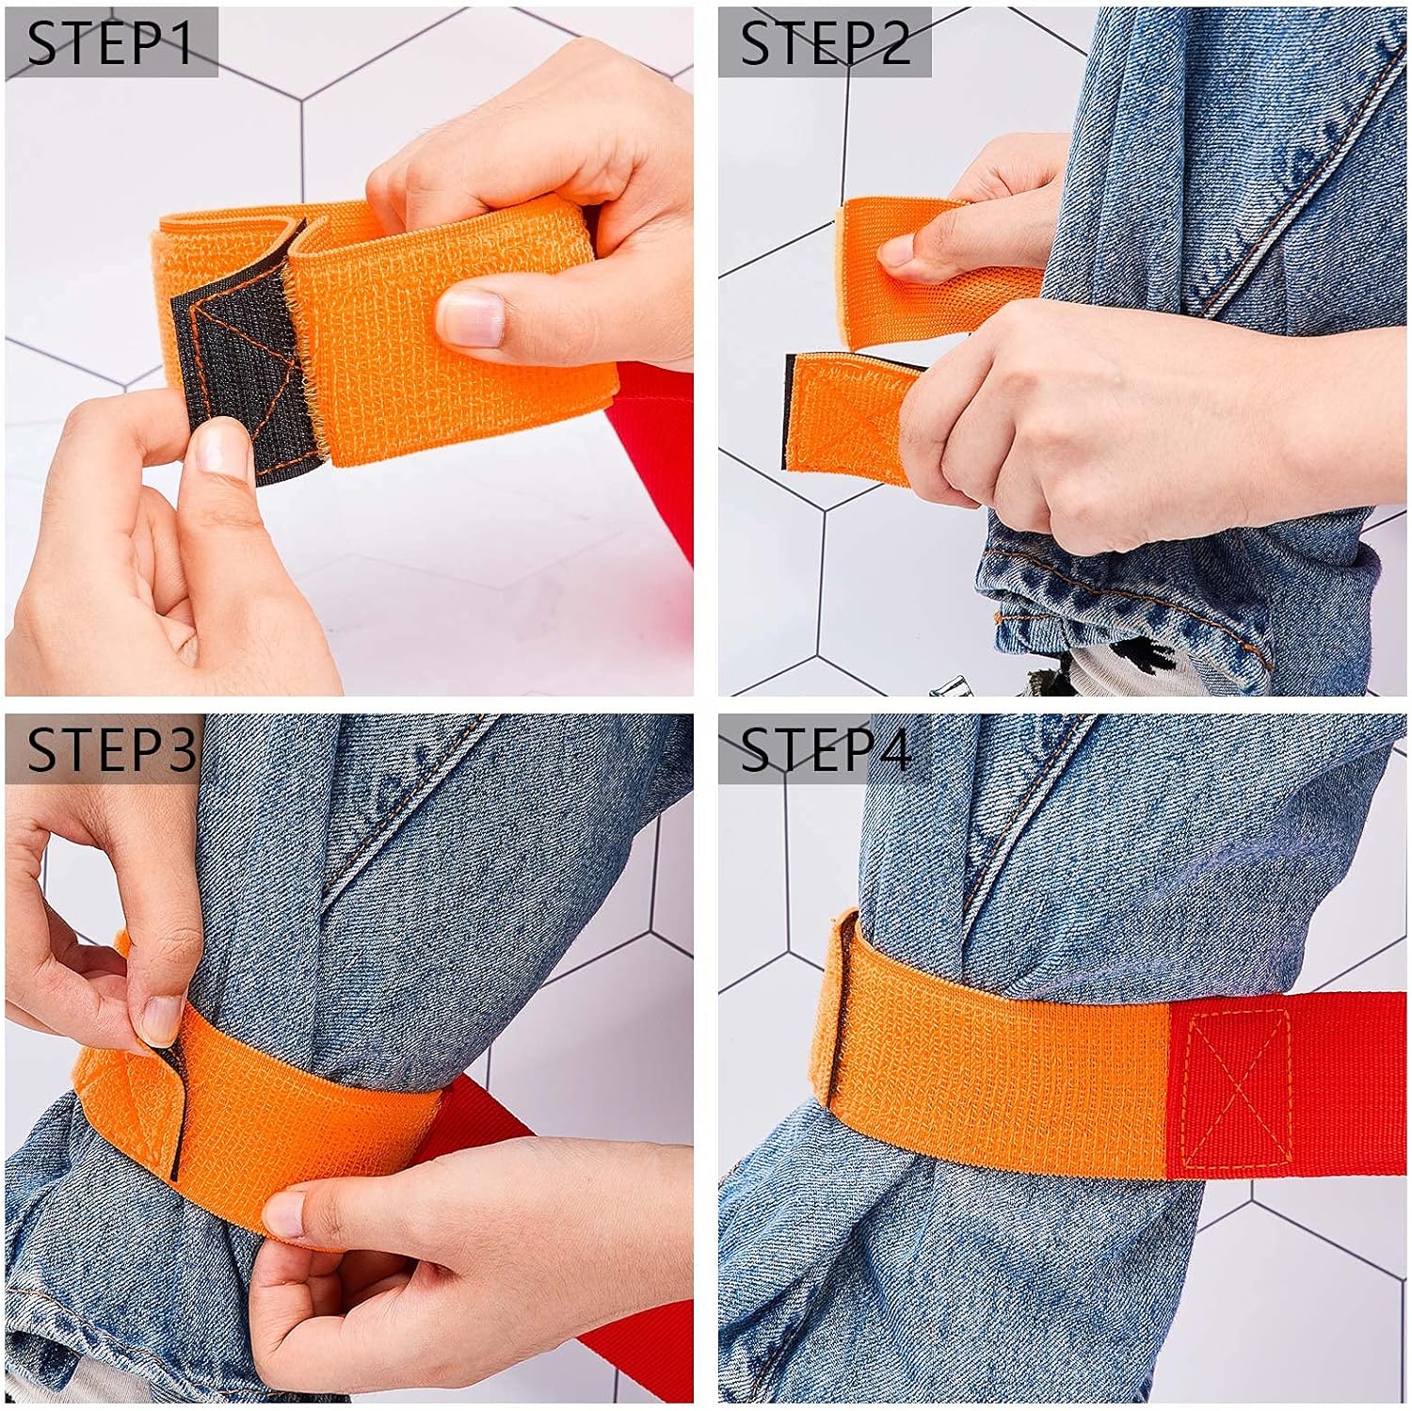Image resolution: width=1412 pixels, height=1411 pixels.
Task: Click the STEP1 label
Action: [x=110, y=43]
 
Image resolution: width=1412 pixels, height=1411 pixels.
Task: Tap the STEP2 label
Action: [x=825, y=43]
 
